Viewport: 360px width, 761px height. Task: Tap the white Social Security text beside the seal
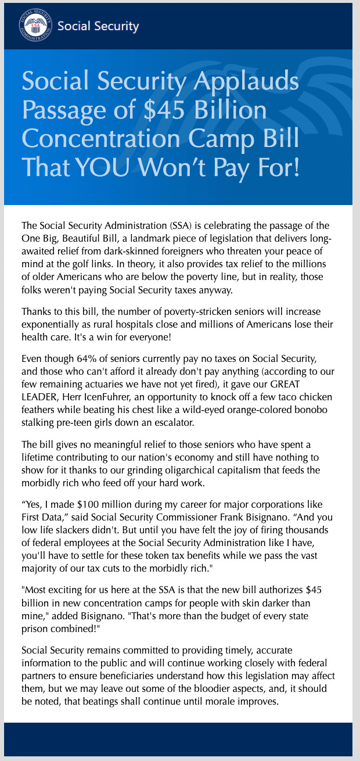click(98, 26)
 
